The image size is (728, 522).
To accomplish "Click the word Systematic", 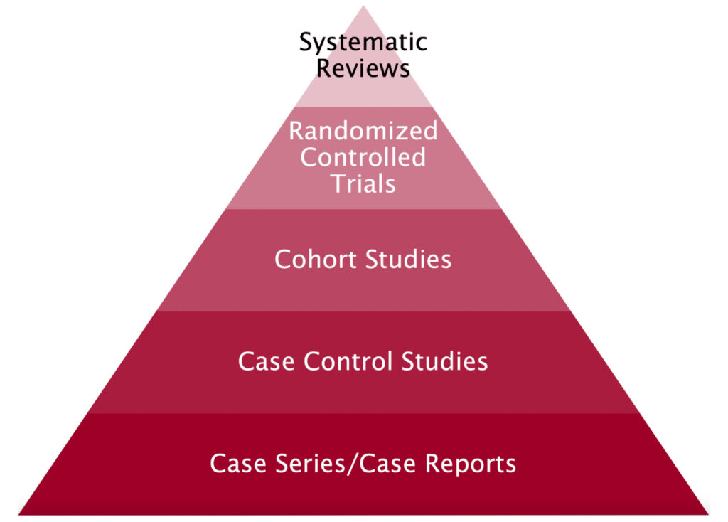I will (363, 43).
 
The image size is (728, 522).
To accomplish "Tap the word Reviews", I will (363, 69).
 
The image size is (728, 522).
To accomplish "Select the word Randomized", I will (363, 131).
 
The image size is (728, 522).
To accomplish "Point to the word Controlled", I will (363, 157).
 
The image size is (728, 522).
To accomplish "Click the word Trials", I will (363, 183).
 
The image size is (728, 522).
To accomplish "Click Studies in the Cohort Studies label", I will (409, 260).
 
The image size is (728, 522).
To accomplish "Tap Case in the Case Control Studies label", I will (267, 361).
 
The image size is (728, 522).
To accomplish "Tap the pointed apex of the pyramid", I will (363, 7).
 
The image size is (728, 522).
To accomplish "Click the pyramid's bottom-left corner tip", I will (20, 513).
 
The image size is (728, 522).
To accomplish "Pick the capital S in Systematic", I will (306, 43).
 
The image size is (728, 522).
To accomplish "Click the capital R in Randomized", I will (296, 131).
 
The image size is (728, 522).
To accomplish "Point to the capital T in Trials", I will (338, 183).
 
